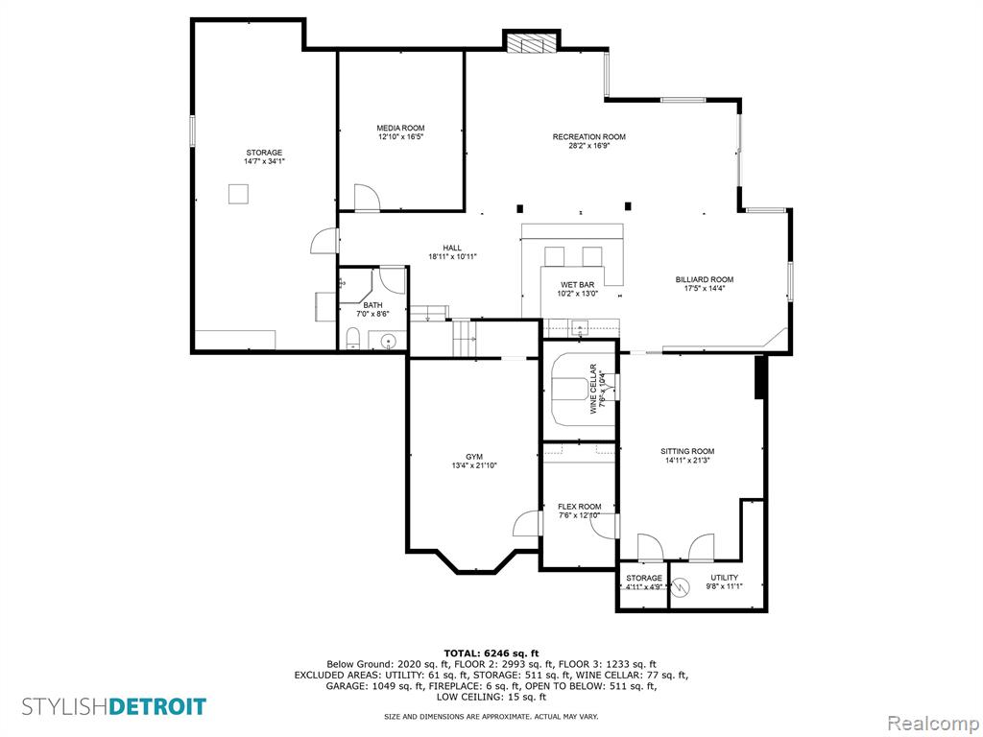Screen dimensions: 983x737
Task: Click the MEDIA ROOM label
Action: (x=400, y=128)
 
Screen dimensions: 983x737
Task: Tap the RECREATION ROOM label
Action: (x=588, y=136)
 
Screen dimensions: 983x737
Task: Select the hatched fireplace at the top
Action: (x=532, y=43)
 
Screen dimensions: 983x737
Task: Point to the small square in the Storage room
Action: (x=238, y=194)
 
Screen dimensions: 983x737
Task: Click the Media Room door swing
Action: (x=368, y=198)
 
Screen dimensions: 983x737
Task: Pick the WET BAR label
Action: (x=577, y=284)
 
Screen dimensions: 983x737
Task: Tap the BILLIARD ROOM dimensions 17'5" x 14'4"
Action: (x=704, y=288)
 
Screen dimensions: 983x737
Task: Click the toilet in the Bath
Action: (x=353, y=339)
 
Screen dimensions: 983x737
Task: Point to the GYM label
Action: (x=474, y=457)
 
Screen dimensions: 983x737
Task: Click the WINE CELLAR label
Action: (x=593, y=389)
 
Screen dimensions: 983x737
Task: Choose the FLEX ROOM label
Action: (x=579, y=507)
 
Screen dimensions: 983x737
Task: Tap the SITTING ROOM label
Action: (x=687, y=451)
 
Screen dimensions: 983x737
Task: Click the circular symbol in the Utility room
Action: (x=681, y=586)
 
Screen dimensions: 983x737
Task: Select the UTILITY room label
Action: (x=724, y=578)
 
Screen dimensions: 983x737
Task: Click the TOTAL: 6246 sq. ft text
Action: (x=491, y=653)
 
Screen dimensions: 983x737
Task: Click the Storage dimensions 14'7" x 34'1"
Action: (x=264, y=161)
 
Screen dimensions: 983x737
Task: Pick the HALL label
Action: (x=452, y=249)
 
